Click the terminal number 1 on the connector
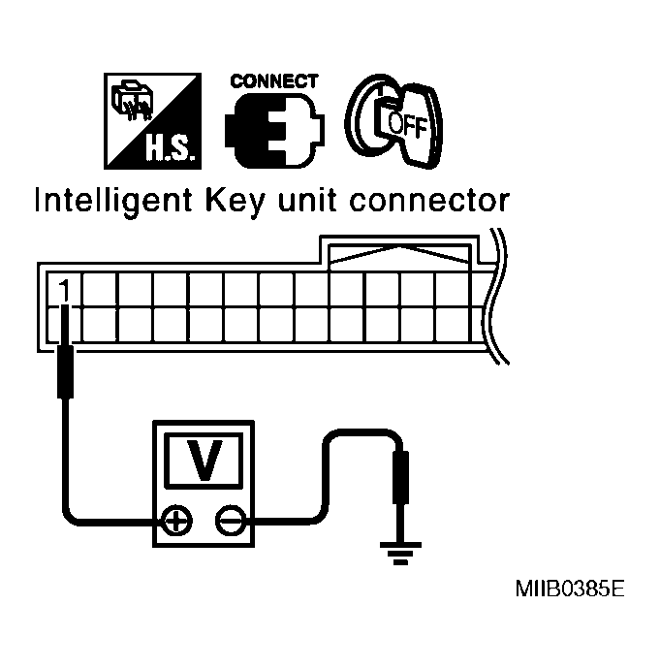coord(64,290)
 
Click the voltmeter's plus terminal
coord(175,522)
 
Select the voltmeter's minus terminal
coord(230,522)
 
